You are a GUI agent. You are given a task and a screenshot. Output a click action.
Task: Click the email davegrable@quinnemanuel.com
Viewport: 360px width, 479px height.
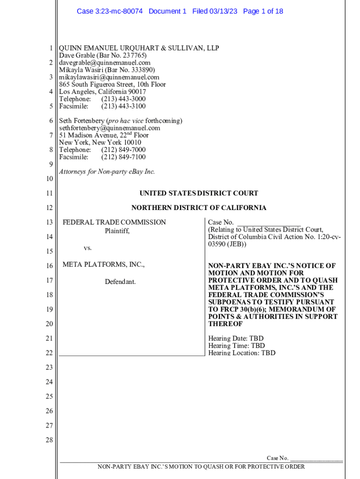(105, 63)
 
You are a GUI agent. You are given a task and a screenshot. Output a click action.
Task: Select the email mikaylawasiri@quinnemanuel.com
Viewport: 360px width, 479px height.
(109, 77)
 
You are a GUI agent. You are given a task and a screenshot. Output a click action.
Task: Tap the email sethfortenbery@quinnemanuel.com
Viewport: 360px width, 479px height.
(109, 128)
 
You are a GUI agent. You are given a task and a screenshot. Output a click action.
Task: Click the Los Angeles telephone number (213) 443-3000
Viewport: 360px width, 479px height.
(123, 99)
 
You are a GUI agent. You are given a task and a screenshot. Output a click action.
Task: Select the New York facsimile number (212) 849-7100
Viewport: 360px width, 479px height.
(123, 157)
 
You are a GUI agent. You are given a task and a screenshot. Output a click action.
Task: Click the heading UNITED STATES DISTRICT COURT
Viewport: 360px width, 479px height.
(199, 193)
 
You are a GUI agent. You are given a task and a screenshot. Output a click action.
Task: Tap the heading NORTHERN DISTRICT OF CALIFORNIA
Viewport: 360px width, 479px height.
(199, 208)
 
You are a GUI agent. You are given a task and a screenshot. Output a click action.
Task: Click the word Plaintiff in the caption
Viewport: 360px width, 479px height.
(117, 231)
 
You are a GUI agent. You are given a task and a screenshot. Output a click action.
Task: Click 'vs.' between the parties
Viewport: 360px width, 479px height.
(87, 248)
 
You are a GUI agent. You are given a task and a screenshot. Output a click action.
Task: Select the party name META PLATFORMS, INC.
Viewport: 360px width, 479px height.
(104, 265)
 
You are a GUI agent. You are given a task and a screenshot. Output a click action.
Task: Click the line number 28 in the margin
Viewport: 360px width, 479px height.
(49, 440)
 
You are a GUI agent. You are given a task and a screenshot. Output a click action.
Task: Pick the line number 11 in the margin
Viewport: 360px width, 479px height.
(49, 193)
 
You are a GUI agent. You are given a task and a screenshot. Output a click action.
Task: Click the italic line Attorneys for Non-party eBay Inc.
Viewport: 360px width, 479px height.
(107, 172)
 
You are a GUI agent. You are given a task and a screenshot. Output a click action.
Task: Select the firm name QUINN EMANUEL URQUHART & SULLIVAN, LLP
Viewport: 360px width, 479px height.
(139, 48)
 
